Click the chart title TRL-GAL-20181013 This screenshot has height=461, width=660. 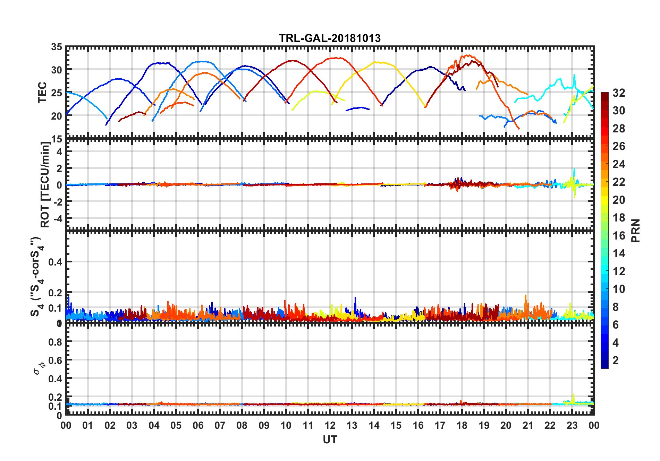(330, 38)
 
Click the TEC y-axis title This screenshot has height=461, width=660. (42, 93)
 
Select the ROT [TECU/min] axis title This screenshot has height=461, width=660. (45, 184)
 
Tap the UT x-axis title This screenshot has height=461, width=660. (330, 440)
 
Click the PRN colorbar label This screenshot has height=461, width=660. (635, 230)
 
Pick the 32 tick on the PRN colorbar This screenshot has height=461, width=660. (619, 93)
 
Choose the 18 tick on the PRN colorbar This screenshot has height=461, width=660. (619, 218)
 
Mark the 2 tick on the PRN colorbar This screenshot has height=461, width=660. (616, 360)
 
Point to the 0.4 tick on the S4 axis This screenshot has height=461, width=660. (56, 262)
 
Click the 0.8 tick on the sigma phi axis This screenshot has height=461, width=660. (56, 342)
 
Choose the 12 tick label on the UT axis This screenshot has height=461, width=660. (330, 426)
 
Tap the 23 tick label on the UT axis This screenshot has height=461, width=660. (572, 426)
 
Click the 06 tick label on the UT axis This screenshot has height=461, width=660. (198, 426)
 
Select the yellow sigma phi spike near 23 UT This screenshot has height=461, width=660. (573, 395)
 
